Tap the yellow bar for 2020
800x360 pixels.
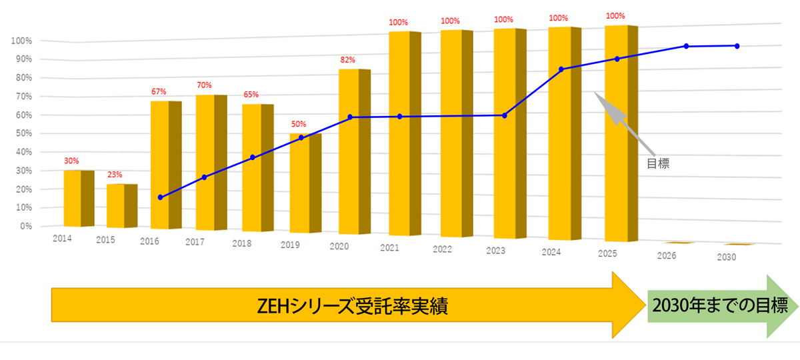point(351,151)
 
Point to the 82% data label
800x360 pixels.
point(347,61)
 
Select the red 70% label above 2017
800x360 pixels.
point(204,85)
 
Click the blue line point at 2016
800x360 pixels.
point(160,197)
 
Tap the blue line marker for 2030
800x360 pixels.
point(737,46)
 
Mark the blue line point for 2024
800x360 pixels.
point(561,69)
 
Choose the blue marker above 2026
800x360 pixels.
point(686,46)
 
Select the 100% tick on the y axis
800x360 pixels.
point(22,41)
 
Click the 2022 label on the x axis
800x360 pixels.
point(442,250)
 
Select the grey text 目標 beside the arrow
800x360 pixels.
point(658,163)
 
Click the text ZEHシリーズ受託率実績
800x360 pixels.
point(353,307)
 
